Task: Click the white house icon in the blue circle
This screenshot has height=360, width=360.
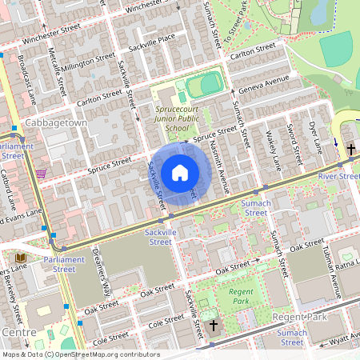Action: (x=180, y=173)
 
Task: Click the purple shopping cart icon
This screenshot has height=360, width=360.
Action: (x=40, y=174)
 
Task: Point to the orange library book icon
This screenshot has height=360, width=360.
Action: (x=20, y=258)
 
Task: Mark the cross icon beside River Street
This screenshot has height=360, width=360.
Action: (x=350, y=149)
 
